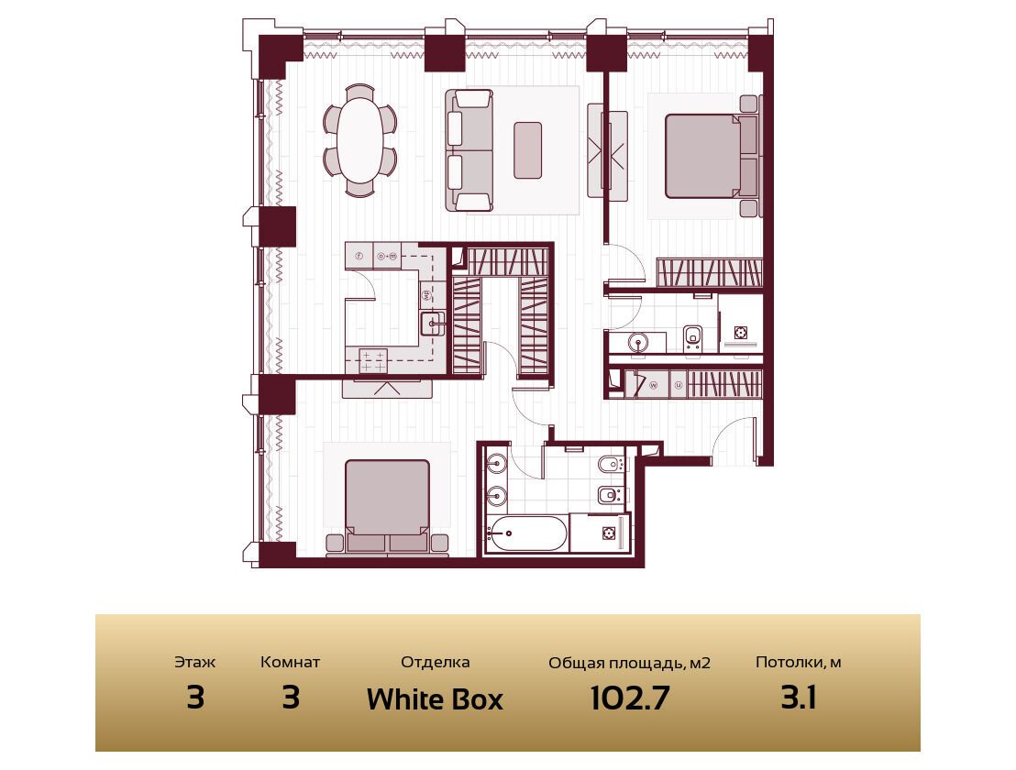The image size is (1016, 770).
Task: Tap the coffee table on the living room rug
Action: coord(527,150)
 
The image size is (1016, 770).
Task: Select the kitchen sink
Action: coord(432,324)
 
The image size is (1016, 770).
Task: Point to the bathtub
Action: coord(525,533)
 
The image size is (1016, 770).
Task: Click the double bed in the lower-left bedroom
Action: coord(388,506)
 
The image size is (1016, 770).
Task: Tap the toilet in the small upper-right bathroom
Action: coord(692,339)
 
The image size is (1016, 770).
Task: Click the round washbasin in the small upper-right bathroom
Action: coord(639,343)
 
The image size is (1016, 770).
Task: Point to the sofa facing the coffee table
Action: coord(469,150)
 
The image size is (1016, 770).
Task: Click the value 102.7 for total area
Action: coord(630,698)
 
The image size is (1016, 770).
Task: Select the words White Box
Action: coord(435,698)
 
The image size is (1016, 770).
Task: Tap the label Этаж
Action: coord(195,663)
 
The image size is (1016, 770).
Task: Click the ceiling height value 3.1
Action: coord(799,698)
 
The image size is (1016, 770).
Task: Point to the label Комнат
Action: coord(291,663)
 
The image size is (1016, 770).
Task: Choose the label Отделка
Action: coord(435,663)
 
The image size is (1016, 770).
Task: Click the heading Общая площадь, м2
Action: coord(629,663)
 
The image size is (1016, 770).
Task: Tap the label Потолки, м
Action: coord(799,663)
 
